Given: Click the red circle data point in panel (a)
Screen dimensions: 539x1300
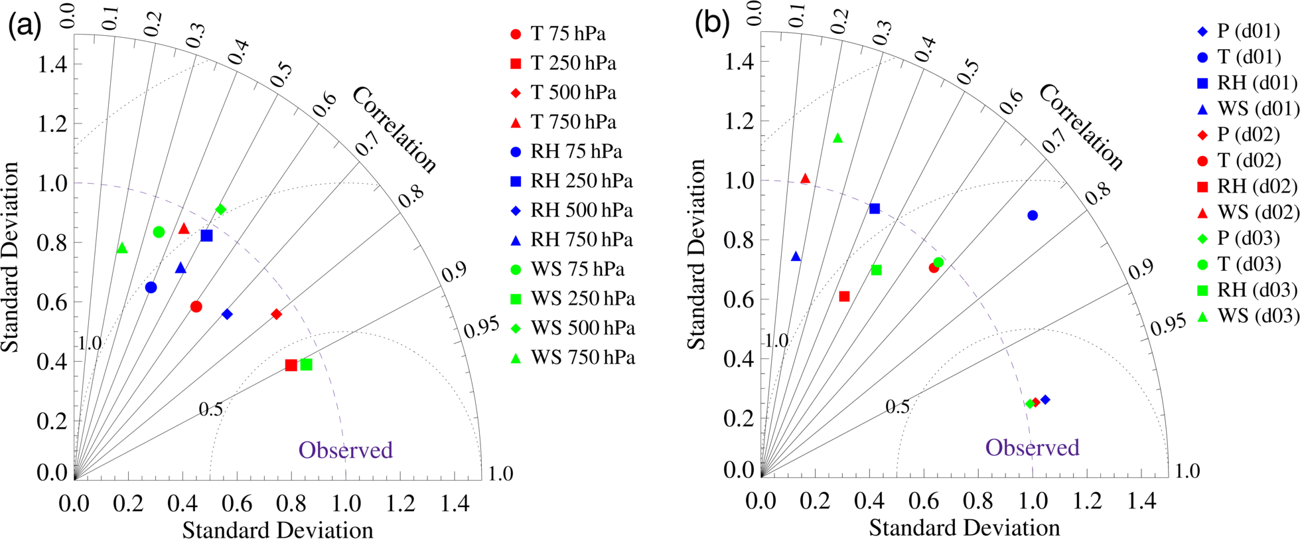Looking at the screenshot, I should click(196, 307).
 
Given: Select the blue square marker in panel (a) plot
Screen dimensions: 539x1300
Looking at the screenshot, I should click(206, 236).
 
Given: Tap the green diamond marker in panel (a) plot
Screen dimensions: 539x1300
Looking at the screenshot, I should click(221, 210).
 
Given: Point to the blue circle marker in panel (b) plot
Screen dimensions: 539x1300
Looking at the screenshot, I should click(1032, 216).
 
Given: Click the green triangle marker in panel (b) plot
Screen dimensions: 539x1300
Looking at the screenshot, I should click(837, 138).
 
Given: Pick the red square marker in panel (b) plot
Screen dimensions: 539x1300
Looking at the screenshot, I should click(844, 297).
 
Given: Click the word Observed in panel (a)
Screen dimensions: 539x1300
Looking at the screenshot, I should click(346, 450).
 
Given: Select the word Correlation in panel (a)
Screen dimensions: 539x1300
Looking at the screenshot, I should click(394, 130).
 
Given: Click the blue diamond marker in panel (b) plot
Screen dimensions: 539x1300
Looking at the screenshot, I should click(1045, 400).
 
